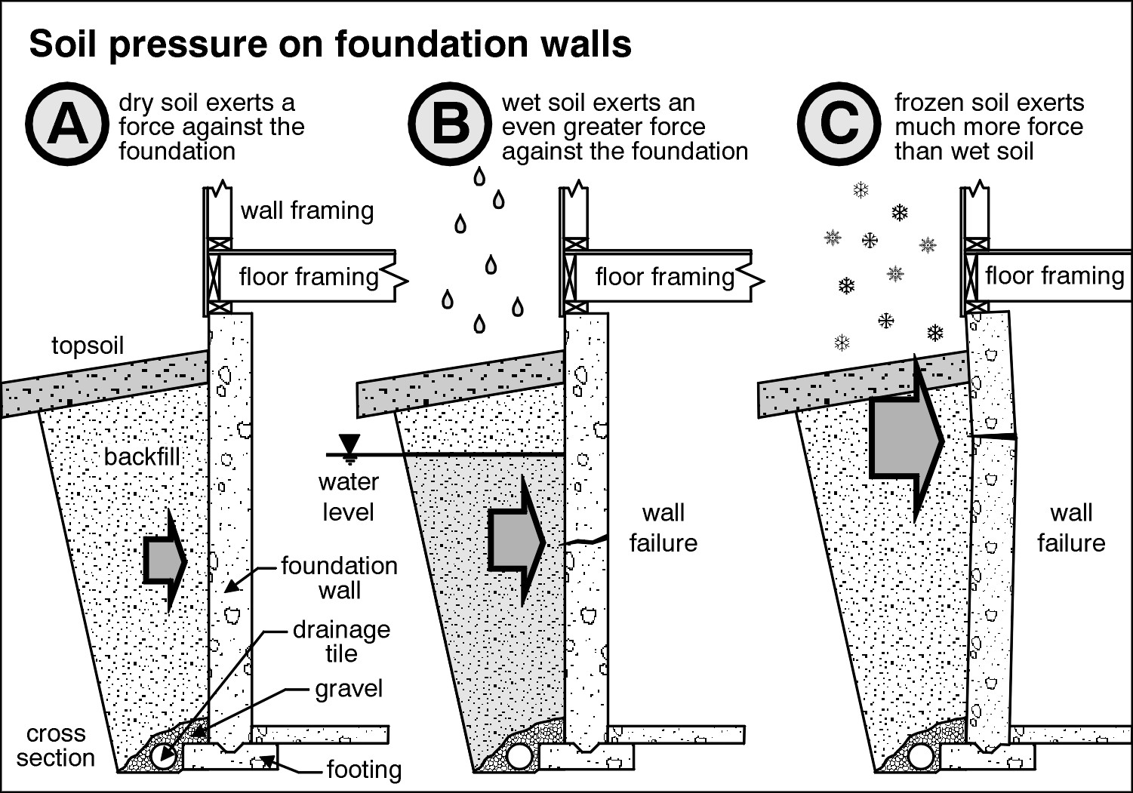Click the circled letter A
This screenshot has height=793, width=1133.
[x=67, y=124]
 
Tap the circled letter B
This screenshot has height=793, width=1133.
[x=450, y=124]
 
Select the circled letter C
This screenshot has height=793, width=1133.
[x=839, y=124]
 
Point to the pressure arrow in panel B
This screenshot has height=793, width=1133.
[x=516, y=541]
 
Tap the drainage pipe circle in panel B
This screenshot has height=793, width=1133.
[x=519, y=756]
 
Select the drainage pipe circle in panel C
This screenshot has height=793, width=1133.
[x=920, y=755]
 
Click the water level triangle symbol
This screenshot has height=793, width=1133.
[x=349, y=444]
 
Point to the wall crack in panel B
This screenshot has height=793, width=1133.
[x=587, y=540]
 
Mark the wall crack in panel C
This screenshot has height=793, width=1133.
[x=993, y=436]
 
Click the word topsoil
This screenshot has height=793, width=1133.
[x=88, y=346]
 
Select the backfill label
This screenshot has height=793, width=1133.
[x=142, y=456]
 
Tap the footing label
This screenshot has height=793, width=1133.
[x=364, y=770]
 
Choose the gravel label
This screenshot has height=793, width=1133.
[x=349, y=689]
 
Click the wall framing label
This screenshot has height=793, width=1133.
[x=307, y=211]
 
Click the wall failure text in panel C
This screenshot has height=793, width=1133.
[x=1071, y=528]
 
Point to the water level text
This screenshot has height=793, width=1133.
[x=348, y=497]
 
